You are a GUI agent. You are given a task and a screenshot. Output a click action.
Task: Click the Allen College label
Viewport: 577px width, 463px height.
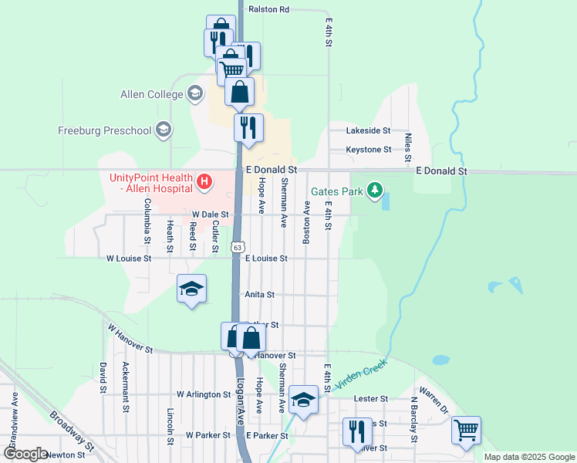(x=151, y=95)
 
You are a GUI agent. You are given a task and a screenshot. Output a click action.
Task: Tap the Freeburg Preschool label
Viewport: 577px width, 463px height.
(x=105, y=130)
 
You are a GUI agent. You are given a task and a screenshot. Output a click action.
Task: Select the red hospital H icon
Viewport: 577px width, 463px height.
(x=204, y=183)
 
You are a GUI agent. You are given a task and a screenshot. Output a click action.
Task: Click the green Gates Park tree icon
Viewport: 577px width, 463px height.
(x=375, y=190)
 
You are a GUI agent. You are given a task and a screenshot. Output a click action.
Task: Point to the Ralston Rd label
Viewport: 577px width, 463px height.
(x=268, y=9)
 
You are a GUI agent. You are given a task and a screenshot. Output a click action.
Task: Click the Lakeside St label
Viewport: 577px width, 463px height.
(x=368, y=131)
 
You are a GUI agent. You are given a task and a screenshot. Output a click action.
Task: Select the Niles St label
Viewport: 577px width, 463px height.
(x=408, y=144)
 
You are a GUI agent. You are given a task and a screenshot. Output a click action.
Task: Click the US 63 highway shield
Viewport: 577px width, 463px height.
(x=236, y=246)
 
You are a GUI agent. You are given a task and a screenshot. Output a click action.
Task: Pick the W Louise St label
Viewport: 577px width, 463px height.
(x=129, y=259)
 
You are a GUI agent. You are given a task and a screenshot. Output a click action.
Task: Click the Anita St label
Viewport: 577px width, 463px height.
(x=259, y=295)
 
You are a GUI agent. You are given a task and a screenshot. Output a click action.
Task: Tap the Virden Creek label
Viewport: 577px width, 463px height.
(x=359, y=373)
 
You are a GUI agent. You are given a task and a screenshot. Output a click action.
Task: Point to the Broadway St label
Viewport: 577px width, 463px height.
(x=72, y=430)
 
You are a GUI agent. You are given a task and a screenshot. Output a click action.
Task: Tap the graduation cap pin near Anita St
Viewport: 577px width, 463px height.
(x=191, y=289)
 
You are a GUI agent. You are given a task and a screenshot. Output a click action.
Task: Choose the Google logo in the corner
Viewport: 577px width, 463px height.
(x=25, y=454)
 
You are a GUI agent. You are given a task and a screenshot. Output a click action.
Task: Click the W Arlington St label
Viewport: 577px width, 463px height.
(x=204, y=394)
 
